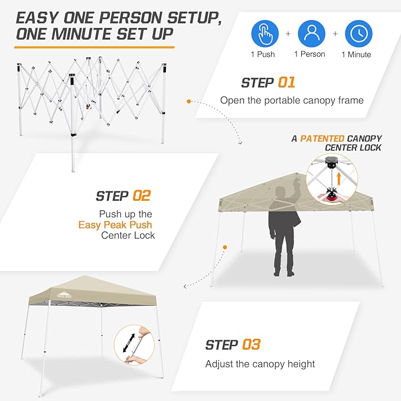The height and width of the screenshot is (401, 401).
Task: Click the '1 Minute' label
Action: point(356,55)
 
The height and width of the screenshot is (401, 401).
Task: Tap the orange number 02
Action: point(139,195)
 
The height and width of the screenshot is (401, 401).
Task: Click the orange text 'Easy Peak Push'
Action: point(115,225)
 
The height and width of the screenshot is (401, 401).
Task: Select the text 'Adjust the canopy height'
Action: point(260,364)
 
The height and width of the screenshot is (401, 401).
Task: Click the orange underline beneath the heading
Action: point(94,46)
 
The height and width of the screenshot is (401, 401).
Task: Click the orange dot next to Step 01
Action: point(189,101)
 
